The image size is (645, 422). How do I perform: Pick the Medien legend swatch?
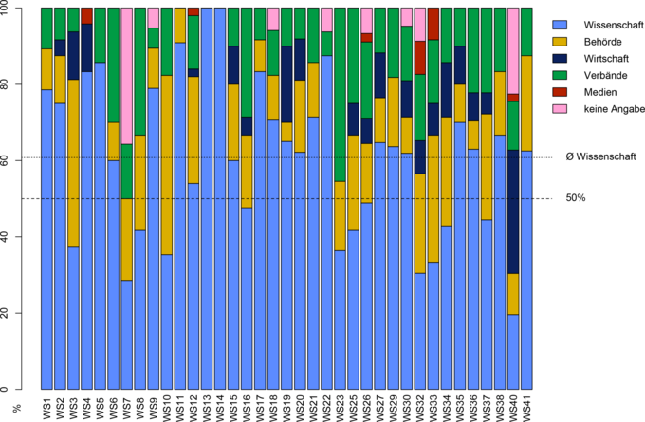coord(561,92)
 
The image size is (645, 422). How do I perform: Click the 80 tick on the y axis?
coord(23,83)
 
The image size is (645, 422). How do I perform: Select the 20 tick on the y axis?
coord(23,313)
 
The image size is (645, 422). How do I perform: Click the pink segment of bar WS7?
coord(127,76)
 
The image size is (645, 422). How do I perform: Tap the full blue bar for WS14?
coord(220,199)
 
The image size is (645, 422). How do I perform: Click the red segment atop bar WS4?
coord(87,15)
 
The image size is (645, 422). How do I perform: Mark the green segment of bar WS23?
coord(341,94)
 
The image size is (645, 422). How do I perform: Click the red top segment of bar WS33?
coord(433,23)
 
